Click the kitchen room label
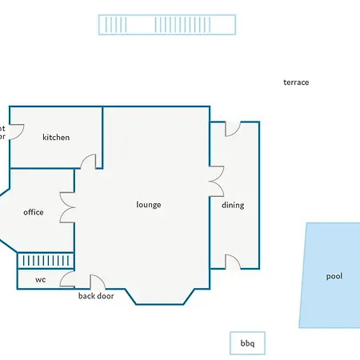[56, 138]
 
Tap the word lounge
[149, 205]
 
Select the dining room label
[233, 206]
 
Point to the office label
[34, 212]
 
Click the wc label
[40, 280]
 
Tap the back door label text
[96, 296]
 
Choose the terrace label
[296, 82]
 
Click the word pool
[334, 277]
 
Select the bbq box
[247, 343]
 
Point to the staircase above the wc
[46, 261]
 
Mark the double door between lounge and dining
[216, 182]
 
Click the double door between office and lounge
[68, 208]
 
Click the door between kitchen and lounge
[89, 162]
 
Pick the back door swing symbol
[96, 282]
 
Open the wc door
[67, 280]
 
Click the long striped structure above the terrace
[167, 24]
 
